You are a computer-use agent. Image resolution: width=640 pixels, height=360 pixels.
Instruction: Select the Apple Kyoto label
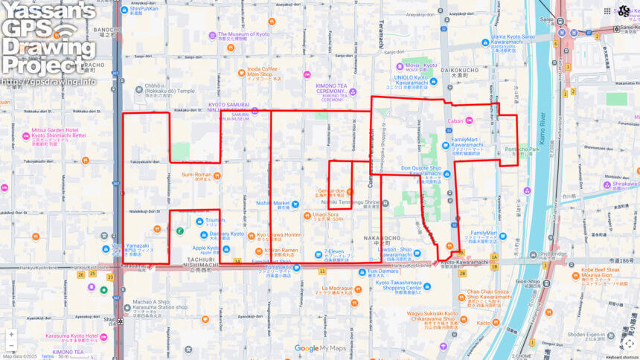pyautogui.click(x=205, y=248)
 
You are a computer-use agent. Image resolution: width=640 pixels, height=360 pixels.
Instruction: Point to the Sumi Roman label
pyautogui.click(x=201, y=175)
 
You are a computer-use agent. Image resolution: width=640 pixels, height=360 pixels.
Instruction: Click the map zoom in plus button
pyautogui.click(x=11, y=334)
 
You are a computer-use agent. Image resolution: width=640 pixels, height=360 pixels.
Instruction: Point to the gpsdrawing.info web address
pyautogui.click(x=49, y=81)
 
